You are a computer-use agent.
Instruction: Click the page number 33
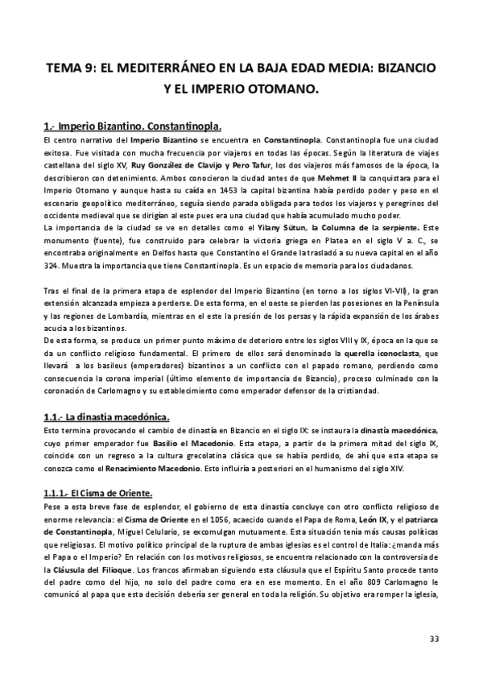tap(434, 640)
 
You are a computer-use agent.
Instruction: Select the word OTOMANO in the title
tap(284, 91)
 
